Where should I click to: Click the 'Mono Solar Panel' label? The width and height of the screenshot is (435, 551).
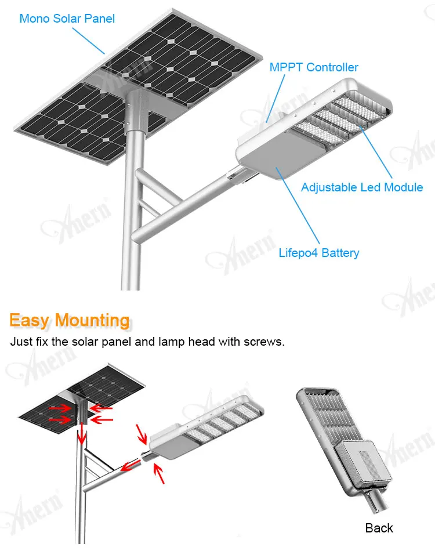pyautogui.click(x=67, y=18)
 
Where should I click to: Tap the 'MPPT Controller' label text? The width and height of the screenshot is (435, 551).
pyautogui.click(x=314, y=67)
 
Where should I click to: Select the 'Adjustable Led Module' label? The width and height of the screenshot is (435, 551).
pyautogui.click(x=361, y=187)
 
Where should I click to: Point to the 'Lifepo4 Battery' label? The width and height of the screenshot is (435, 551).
pyautogui.click(x=318, y=253)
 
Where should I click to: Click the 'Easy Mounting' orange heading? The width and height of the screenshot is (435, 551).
pyautogui.click(x=70, y=320)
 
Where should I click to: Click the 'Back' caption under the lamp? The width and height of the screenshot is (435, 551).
pyautogui.click(x=379, y=528)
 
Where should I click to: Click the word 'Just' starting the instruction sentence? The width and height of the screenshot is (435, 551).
pyautogui.click(x=20, y=341)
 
